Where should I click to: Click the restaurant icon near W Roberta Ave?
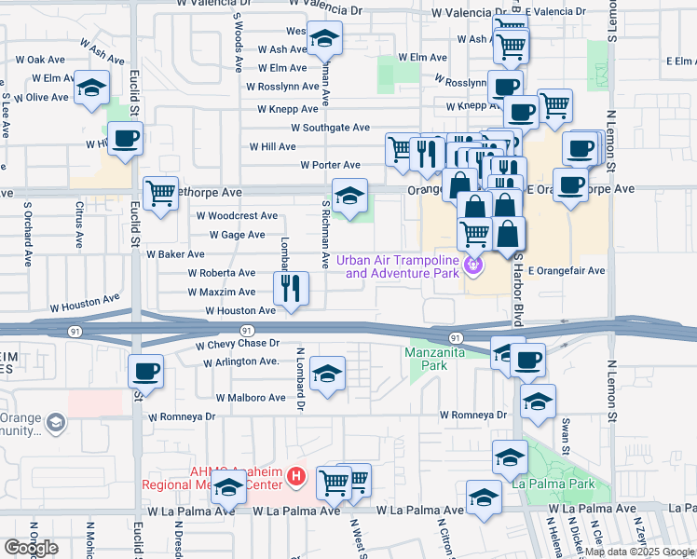click(293, 289)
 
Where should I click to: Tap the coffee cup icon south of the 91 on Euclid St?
click(145, 372)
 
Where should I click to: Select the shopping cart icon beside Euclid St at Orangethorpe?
click(160, 193)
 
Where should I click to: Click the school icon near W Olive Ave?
click(91, 88)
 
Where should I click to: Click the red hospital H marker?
click(296, 477)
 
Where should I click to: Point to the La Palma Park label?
click(564, 484)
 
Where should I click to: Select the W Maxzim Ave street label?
click(221, 292)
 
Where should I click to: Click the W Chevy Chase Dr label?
click(238, 344)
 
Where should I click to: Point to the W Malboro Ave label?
click(251, 397)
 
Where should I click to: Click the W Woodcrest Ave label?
click(237, 214)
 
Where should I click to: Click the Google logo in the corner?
click(31, 547)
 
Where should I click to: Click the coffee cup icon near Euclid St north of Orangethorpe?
click(125, 139)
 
